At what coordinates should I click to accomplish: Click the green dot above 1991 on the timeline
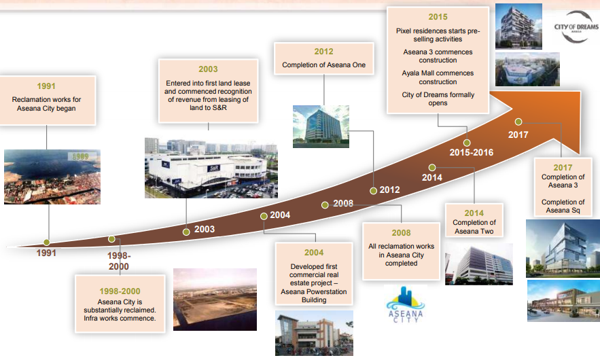tap(47, 242)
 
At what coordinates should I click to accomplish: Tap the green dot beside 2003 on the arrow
tap(186, 232)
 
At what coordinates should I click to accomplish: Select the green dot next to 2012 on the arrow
tap(374, 190)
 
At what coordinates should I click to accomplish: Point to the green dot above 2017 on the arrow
tap(518, 122)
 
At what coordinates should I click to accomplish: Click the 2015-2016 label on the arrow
tap(472, 152)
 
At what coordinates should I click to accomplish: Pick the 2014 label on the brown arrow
tap(432, 177)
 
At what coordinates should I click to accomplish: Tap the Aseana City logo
tap(406, 304)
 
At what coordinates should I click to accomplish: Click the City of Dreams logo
tap(576, 26)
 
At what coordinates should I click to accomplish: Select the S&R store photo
tap(211, 168)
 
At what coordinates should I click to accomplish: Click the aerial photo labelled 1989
tap(52, 177)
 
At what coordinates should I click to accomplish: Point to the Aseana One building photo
tap(321, 126)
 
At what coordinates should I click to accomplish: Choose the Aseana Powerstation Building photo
tap(314, 334)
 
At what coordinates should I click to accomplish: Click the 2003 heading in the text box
tap(208, 69)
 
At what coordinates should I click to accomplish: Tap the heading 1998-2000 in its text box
tap(120, 291)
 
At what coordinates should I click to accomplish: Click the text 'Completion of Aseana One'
tap(323, 65)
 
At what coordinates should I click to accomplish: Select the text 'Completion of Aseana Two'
tap(474, 227)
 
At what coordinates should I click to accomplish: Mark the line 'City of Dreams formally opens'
tap(438, 98)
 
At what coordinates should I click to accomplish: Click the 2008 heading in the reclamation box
tap(401, 233)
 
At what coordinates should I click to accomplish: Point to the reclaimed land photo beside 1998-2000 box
tap(215, 300)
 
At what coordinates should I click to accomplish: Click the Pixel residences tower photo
tap(518, 26)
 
